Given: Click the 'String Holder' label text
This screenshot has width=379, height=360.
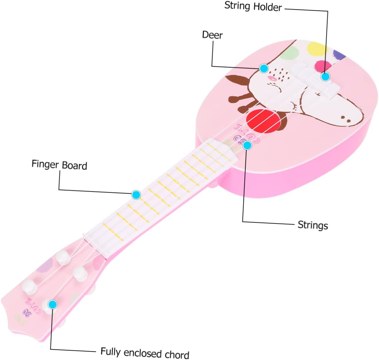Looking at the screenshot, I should click(253, 6).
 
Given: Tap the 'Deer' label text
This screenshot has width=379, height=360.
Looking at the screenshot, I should click(212, 35).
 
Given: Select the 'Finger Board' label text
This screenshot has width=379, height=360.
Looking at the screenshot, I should click(59, 165).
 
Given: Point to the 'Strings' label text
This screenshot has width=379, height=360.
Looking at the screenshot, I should click(312, 225).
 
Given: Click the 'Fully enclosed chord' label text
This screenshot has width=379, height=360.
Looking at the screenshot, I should click(145, 352).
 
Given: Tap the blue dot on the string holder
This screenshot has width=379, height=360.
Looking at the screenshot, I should click(325, 76).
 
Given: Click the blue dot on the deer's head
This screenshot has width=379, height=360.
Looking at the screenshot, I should click(264, 68).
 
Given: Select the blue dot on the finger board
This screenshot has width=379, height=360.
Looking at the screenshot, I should click(136, 195).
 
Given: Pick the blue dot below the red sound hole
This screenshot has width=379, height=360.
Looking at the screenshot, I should click(247, 145).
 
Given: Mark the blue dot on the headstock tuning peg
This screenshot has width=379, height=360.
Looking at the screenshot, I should click(52, 304).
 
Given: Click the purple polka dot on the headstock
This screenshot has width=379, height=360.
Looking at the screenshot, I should click(44, 266).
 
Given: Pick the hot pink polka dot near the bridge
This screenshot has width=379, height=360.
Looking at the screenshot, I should click(323, 66).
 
